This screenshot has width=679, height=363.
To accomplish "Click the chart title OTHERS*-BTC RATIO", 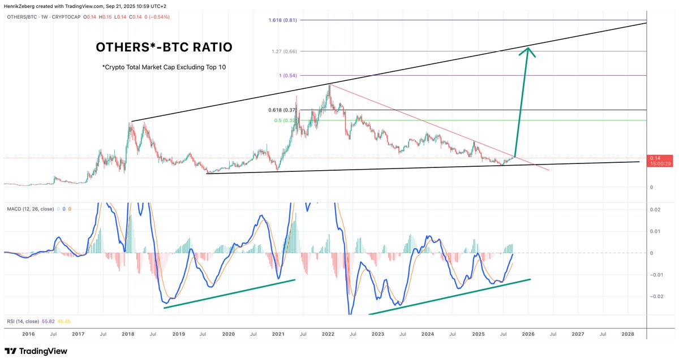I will coord(163,47).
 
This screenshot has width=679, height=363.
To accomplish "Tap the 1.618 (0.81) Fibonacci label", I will coord(283,20).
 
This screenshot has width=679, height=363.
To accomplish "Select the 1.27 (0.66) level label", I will coord(285,51).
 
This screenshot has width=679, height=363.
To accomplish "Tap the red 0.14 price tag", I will coord(659,161).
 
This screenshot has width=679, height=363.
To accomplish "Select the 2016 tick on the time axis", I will coord(28,334).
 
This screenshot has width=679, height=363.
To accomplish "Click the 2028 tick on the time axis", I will coord(628,334).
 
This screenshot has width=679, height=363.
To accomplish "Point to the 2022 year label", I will coord(328,334).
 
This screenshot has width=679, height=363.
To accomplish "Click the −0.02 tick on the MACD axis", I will coord(657,296).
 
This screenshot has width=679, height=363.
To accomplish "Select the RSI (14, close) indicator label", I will coord(23,321).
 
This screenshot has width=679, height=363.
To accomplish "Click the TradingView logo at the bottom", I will coord(36,351).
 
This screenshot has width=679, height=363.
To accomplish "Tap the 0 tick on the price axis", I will coord(652,187).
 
